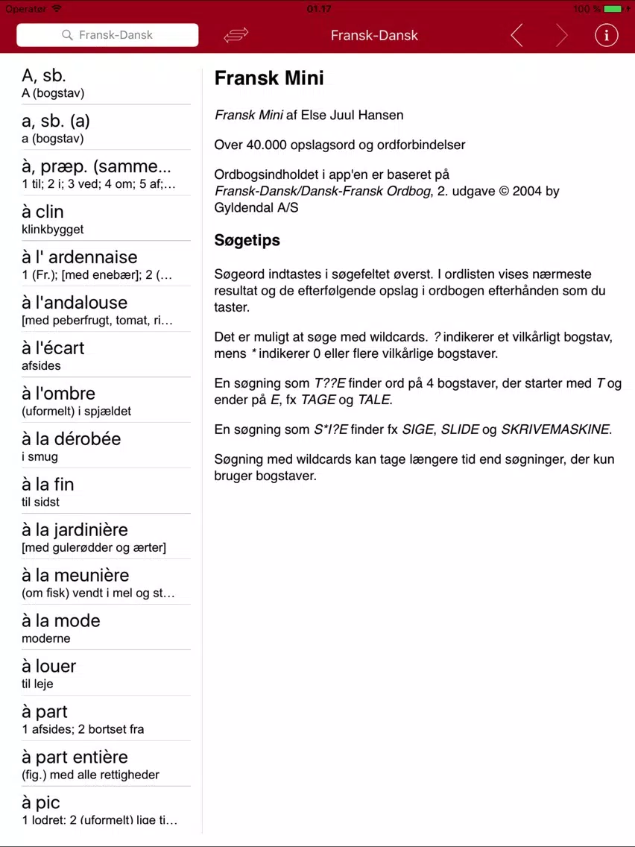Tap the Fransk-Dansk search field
[107, 35]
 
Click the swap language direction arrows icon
[236, 35]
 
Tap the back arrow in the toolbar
[516, 35]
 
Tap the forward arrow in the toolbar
[561, 35]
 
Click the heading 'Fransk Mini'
[269, 78]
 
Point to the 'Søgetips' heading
[247, 240]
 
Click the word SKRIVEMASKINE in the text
[555, 429]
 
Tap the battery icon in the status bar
[613, 9]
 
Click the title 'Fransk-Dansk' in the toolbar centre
[374, 35]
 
